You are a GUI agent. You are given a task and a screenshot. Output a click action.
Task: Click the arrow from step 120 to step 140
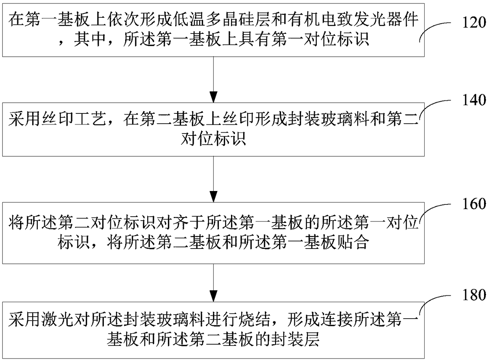pos(213,79)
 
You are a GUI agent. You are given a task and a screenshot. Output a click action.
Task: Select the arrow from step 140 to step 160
pos(213,180)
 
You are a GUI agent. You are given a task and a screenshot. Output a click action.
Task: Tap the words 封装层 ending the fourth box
pos(301,339)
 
